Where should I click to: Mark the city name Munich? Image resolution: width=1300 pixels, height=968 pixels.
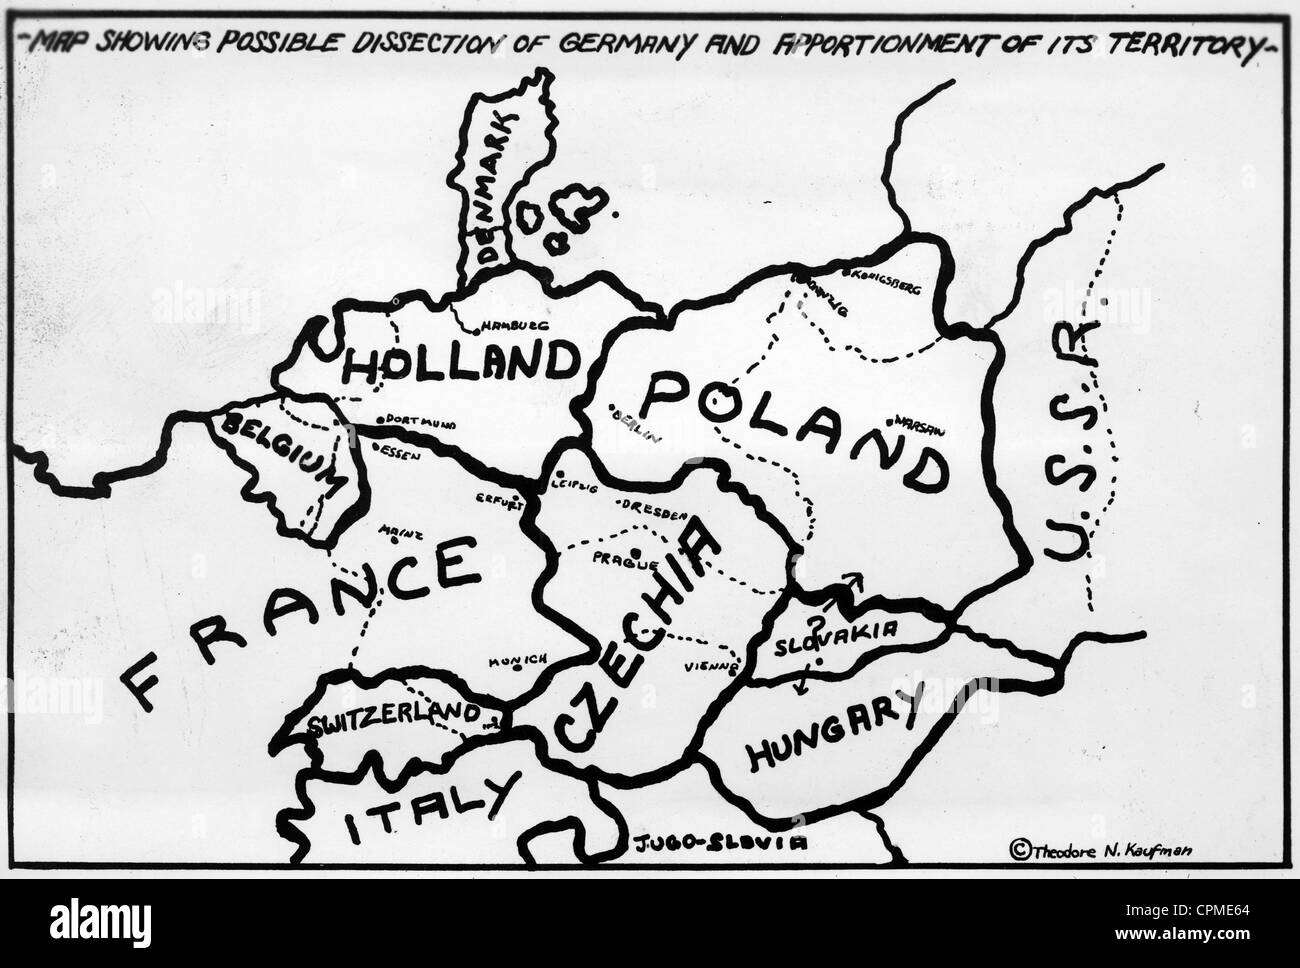[x=516, y=660]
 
